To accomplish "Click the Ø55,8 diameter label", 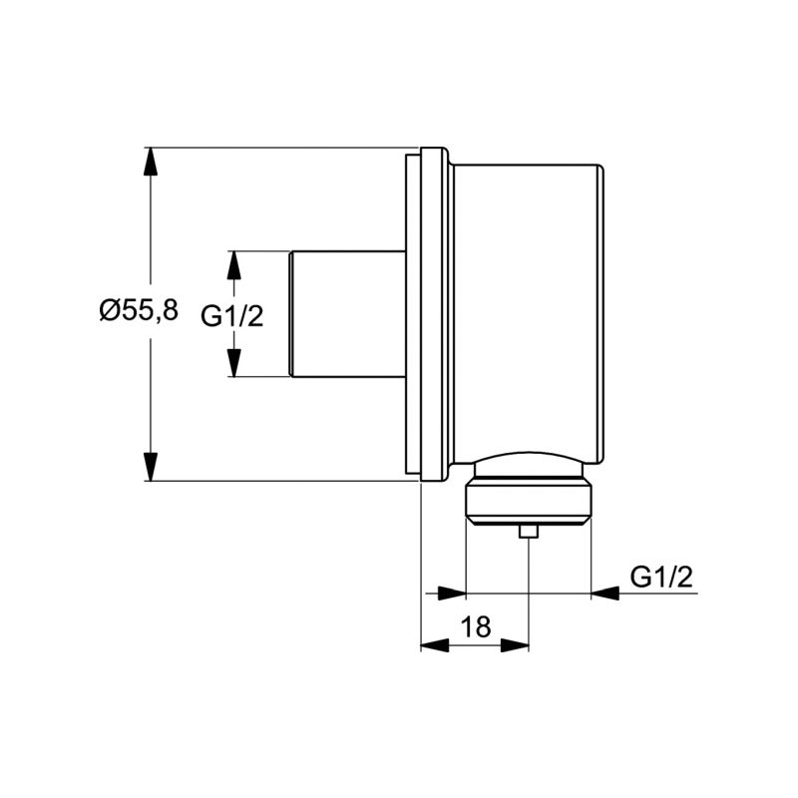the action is (x=139, y=310).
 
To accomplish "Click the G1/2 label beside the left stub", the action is (x=232, y=316).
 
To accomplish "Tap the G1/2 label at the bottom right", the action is (x=661, y=578).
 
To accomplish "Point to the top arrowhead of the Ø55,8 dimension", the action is (x=151, y=162).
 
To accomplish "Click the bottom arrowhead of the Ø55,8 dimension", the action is (x=151, y=466).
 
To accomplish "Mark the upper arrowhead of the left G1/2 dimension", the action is (x=233, y=264).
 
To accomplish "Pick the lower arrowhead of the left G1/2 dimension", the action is (x=233, y=363).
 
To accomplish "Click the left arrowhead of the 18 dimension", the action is (x=435, y=645).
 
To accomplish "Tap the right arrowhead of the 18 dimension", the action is (x=515, y=645).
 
